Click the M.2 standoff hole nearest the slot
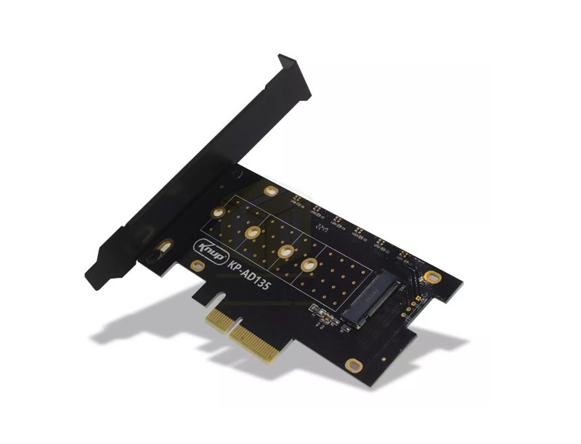click(x=309, y=265)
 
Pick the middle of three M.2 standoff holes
click(x=284, y=251)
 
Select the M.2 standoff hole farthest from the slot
click(x=253, y=233)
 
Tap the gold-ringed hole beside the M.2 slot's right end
click(x=433, y=276)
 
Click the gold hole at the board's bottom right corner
click(x=354, y=365)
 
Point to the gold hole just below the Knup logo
click(x=197, y=266)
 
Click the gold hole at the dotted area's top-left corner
click(x=218, y=213)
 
